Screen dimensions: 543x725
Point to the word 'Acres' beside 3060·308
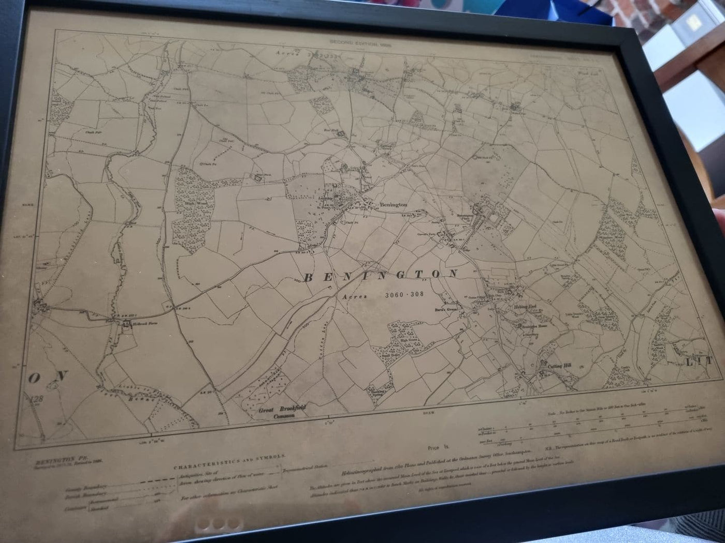[x=355, y=296]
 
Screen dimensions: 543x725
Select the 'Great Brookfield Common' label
[x=282, y=411]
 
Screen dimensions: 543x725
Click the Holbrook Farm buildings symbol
[x=126, y=324]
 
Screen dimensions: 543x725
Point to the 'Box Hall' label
[x=330, y=130]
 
